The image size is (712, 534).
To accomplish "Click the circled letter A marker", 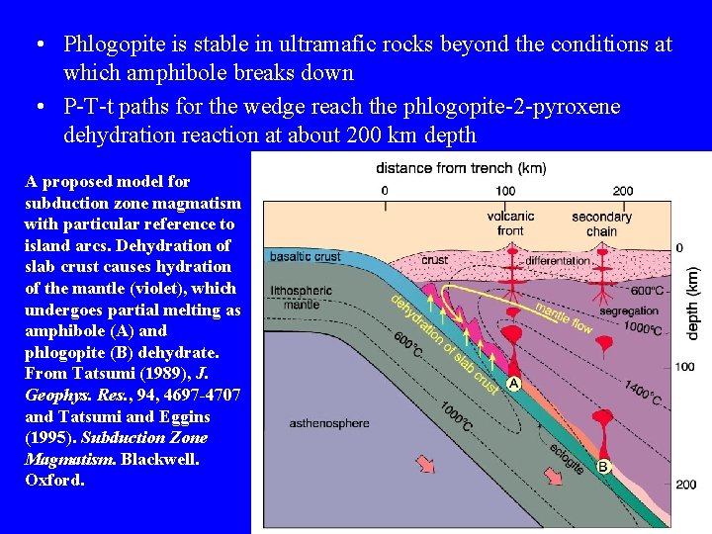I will point(514,383).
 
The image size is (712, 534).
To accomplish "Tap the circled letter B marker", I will point(602,466).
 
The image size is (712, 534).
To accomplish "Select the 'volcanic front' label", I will point(510,223).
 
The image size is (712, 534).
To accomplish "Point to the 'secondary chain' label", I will point(601,223).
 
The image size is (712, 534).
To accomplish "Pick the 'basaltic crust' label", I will point(306,256).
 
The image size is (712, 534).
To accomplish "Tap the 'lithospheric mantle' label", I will point(303,297).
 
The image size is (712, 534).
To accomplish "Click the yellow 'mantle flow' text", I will point(564,315).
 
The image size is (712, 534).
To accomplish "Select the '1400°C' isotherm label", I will point(643,395).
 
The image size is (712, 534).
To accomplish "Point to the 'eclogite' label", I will point(566,454).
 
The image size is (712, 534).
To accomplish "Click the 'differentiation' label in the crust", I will point(558,261).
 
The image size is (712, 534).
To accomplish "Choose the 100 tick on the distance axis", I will point(505,191).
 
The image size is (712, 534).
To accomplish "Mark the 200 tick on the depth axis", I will point(684,485).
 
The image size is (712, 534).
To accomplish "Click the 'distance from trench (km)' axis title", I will point(461,167).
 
